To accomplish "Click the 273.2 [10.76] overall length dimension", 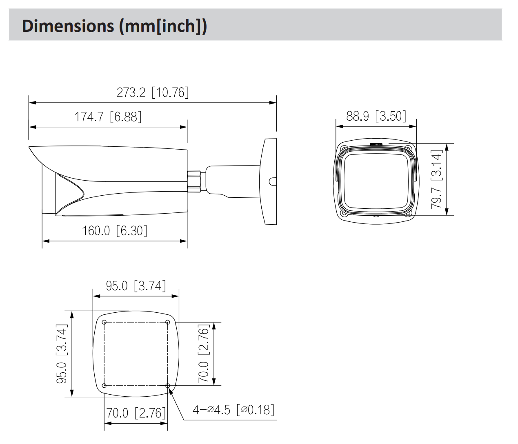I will coord(153,93).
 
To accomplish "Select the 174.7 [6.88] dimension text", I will coord(108,117).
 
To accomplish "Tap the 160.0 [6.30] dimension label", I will coord(114,231).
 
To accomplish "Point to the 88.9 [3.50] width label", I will coord(376,116).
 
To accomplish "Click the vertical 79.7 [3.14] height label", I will coord(437,179).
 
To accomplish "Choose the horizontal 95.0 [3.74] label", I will coord(136,286).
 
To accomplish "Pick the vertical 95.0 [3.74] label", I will coord(62,353).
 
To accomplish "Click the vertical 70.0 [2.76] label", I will coord(204,353).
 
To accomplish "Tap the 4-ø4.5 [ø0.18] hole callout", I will coord(233,409).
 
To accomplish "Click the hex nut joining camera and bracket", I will coord(195,179).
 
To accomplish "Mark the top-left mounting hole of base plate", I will coord(104,323).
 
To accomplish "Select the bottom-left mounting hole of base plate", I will coord(104,385).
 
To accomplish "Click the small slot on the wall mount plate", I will coord(271,180).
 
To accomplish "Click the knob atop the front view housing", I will coord(376,144).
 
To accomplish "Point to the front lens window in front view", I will coord(376,179).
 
